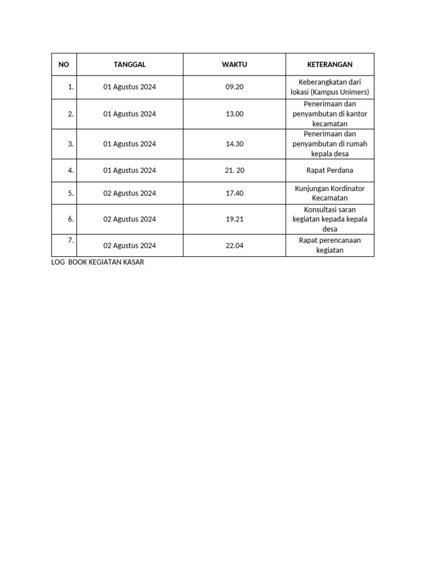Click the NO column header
click(64, 65)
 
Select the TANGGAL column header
click(129, 65)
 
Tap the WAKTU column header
click(234, 65)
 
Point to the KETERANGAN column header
click(330, 65)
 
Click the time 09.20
click(234, 88)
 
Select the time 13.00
click(234, 114)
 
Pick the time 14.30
click(234, 144)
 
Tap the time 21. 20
click(234, 171)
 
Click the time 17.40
click(234, 193)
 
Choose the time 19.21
click(234, 219)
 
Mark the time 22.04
click(234, 246)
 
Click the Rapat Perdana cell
click(330, 171)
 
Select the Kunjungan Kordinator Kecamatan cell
click(330, 193)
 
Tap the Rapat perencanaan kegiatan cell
click(330, 245)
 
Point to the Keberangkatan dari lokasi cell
click(330, 87)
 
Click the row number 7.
click(71, 240)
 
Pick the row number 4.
click(71, 171)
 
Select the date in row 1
click(129, 88)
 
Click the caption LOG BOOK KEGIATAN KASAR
click(98, 263)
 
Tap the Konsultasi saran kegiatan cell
click(330, 219)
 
